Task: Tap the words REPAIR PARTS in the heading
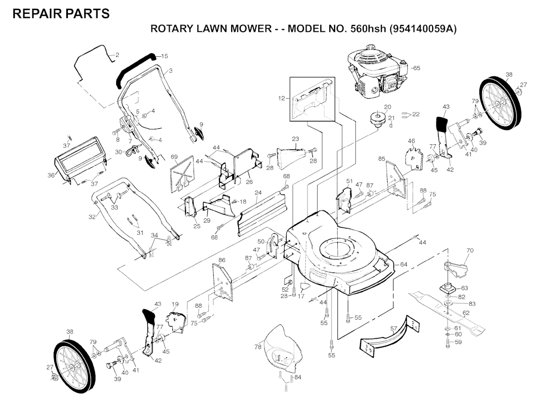(x=61, y=14)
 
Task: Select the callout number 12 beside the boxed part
(x=282, y=98)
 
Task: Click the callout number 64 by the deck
(x=404, y=264)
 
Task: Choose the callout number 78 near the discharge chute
(x=258, y=347)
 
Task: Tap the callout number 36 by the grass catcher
(x=51, y=175)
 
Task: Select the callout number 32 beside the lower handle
(x=92, y=216)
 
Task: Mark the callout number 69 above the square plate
(x=173, y=157)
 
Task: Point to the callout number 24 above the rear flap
(x=258, y=193)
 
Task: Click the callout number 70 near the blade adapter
(x=470, y=250)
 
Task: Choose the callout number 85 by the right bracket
(x=381, y=159)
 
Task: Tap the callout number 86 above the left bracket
(x=222, y=260)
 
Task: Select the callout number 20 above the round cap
(x=387, y=107)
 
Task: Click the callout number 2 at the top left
(x=117, y=55)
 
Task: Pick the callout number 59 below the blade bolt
(x=458, y=342)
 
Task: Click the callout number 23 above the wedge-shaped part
(x=295, y=139)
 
